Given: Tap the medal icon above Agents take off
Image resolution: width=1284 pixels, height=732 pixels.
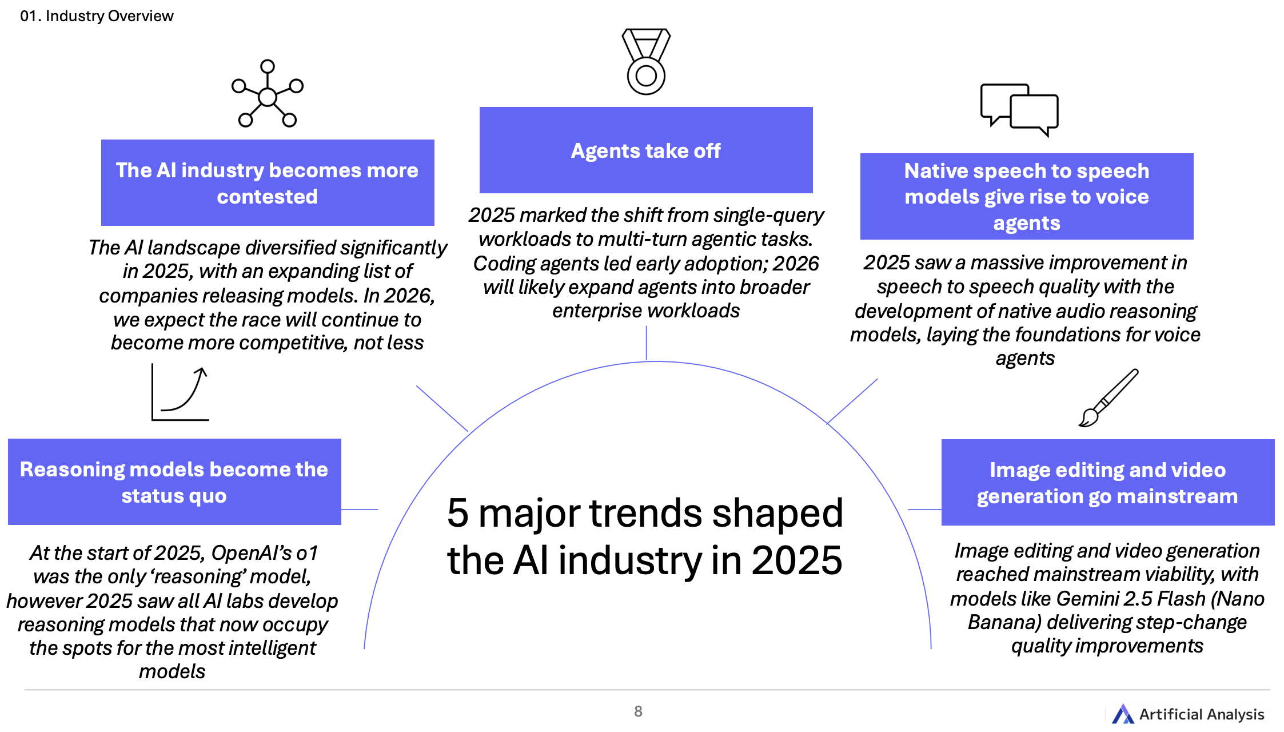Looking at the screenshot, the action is [646, 61].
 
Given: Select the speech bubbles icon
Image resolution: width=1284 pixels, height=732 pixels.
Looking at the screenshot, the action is [1019, 110].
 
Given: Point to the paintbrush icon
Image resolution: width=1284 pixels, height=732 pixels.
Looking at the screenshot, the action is [1108, 398].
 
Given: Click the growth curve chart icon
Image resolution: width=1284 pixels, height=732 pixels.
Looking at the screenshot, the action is [180, 392].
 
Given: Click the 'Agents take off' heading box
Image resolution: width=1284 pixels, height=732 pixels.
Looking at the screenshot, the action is [646, 150].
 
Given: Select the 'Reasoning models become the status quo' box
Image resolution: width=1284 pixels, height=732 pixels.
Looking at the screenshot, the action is [174, 482].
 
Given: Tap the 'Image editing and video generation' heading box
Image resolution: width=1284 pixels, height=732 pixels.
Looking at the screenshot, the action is [1108, 482].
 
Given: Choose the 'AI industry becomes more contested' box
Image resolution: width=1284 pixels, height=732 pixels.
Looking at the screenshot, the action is [268, 182].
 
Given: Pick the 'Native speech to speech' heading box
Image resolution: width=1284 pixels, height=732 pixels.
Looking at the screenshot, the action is [1027, 196].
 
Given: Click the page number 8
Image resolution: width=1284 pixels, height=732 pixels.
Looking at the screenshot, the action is [638, 711].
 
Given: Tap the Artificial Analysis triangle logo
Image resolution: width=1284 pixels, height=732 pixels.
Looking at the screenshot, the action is [1123, 714].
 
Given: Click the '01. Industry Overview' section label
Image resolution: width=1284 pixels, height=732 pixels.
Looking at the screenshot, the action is [97, 16].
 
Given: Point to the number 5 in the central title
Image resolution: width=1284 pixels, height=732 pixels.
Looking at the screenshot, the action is [458, 512].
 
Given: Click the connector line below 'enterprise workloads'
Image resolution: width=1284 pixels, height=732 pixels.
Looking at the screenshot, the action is [647, 343].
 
